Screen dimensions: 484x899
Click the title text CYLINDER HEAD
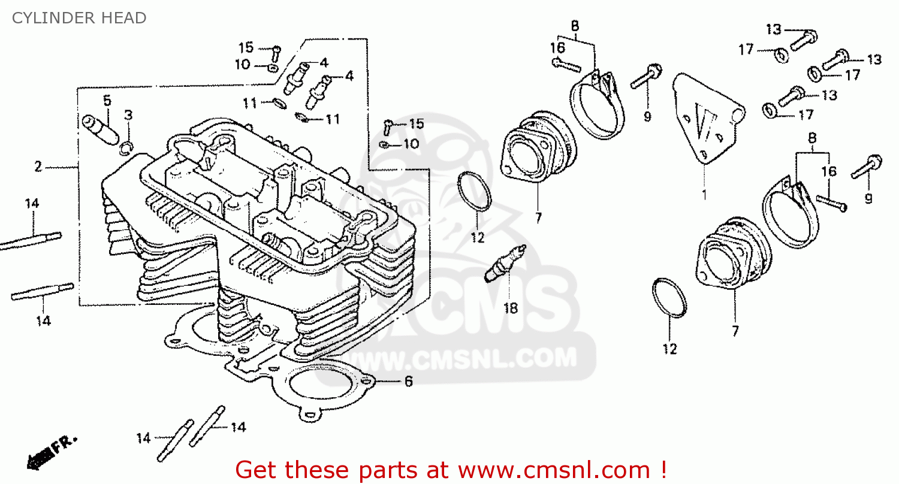79,19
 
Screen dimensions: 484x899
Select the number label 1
704,195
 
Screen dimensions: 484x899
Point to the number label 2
38,167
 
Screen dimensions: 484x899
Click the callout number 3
128,115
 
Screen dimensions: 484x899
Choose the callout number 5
107,100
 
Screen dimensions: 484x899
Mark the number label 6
408,382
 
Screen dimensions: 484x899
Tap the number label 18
510,308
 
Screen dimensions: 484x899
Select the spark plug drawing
505,263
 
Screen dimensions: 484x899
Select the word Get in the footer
257,469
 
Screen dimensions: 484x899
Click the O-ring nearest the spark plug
475,191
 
